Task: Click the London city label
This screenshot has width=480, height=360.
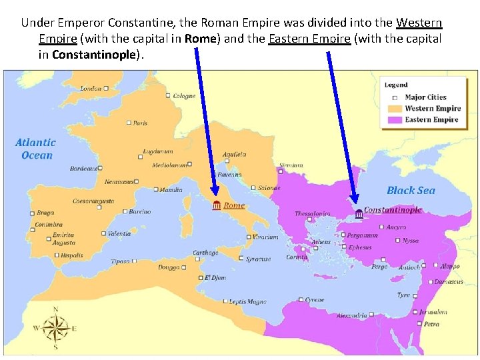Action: tap(91, 89)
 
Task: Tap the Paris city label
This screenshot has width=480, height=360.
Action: tap(140, 123)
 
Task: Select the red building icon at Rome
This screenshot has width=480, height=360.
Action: tap(216, 206)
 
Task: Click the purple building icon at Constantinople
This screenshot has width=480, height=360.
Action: tap(359, 212)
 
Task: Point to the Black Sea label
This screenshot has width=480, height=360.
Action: tap(411, 191)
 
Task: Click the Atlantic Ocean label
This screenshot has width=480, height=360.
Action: tap(36, 149)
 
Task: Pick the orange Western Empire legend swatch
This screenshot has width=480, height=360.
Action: tap(395, 109)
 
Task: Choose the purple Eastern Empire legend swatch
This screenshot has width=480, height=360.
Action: tap(395, 120)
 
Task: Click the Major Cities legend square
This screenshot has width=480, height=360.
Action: tap(395, 98)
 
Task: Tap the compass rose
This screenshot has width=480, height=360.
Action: tap(56, 327)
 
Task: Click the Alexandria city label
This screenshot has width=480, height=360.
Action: tap(351, 315)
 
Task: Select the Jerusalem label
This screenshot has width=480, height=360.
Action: tap(433, 312)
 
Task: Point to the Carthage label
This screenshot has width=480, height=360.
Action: tap(205, 253)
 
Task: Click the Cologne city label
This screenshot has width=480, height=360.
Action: tap(184, 96)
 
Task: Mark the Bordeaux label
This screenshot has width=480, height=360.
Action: tap(83, 169)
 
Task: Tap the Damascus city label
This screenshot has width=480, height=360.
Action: tap(449, 282)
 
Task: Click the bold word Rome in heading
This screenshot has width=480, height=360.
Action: tap(201, 38)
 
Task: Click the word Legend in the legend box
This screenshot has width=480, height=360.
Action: tap(396, 85)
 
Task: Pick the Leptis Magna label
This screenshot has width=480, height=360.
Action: tap(247, 302)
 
